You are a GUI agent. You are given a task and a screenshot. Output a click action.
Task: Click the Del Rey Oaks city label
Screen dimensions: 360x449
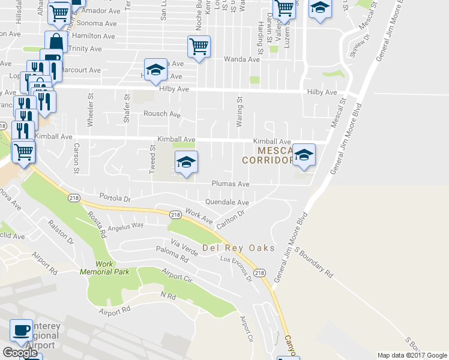tap(238, 248)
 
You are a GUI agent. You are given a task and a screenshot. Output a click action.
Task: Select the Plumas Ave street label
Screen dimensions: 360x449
tap(230, 184)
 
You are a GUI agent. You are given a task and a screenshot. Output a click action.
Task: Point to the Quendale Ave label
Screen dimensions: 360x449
tap(227, 202)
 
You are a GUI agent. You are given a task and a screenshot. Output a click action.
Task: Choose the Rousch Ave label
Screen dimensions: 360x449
tap(161, 114)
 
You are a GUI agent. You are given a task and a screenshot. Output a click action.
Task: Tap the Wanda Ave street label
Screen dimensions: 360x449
tap(242, 59)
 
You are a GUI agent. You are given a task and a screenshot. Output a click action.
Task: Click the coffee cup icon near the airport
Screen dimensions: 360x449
tap(22, 329)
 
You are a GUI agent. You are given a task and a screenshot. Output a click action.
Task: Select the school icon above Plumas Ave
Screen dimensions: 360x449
tap(186, 161)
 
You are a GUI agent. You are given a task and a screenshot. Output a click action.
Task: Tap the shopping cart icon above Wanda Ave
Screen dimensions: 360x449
tap(199, 46)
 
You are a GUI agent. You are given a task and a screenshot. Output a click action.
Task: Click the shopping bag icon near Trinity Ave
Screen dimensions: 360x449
tap(55, 42)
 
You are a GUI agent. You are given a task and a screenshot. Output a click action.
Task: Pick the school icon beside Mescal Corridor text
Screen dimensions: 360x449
tap(304, 155)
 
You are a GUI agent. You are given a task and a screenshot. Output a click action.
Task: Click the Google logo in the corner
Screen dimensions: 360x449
tap(20, 353)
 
